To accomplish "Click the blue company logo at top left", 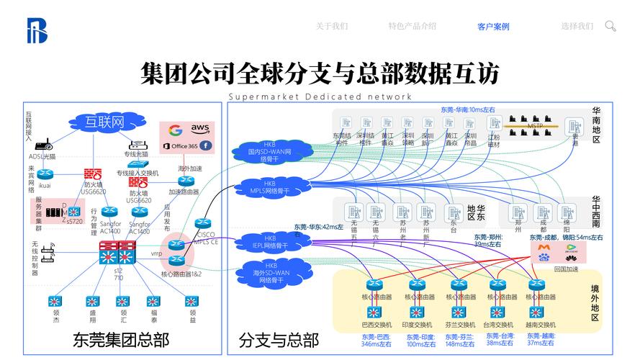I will click(x=36, y=30).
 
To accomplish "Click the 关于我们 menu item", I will click(x=332, y=26).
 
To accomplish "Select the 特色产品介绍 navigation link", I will click(x=413, y=26).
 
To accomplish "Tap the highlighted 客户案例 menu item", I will click(x=493, y=27).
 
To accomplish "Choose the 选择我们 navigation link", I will click(x=577, y=26).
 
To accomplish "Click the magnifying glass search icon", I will click(x=610, y=26).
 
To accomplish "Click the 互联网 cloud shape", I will click(x=105, y=121).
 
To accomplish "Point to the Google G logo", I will click(x=174, y=130).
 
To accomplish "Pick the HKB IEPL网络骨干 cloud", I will click(x=269, y=242).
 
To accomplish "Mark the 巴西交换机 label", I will click(x=377, y=325).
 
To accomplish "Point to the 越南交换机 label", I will click(x=540, y=325).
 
